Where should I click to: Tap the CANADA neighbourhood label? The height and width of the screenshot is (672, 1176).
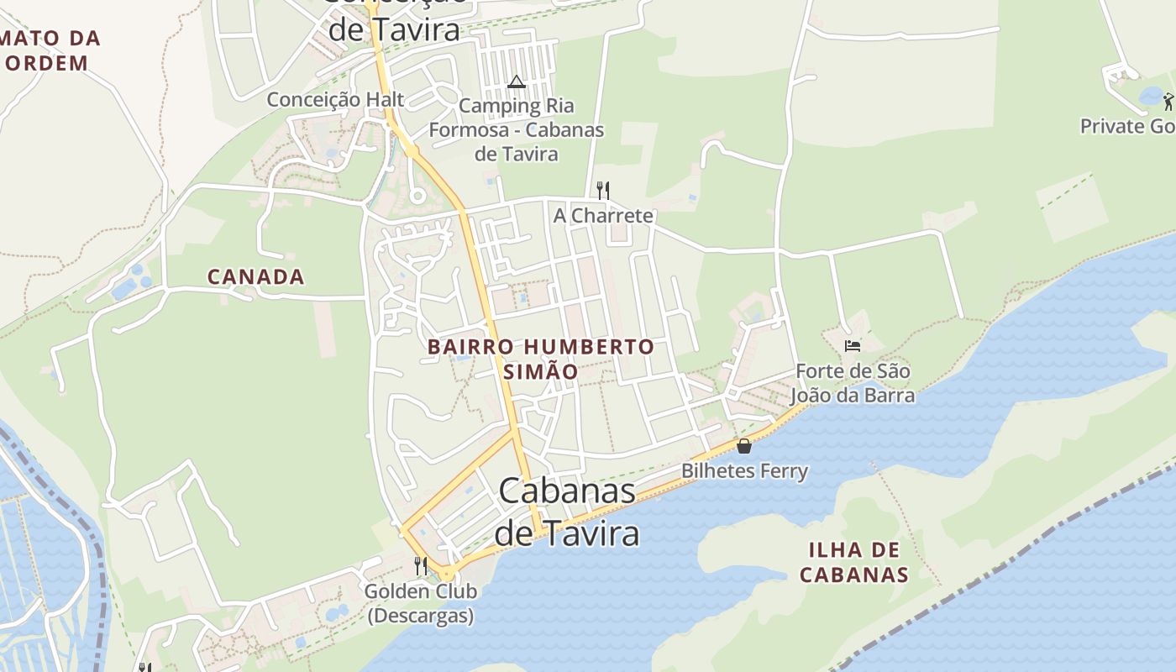click(x=255, y=276)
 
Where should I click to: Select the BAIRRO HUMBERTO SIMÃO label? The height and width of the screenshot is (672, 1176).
click(x=540, y=359)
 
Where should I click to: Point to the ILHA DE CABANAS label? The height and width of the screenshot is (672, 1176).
click(x=853, y=562)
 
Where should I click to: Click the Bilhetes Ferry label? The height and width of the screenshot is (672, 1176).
click(x=744, y=470)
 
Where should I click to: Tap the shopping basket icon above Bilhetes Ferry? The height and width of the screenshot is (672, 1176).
click(x=744, y=446)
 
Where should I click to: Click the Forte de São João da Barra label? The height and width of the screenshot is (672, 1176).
click(x=854, y=382)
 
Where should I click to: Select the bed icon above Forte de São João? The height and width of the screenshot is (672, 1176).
click(x=853, y=345)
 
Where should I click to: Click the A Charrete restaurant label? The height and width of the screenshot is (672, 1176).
click(x=603, y=215)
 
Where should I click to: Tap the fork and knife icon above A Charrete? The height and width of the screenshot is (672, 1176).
click(x=602, y=189)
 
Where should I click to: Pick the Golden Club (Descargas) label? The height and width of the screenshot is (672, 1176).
click(x=420, y=602)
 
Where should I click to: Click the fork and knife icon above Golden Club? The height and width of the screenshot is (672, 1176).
click(x=421, y=565)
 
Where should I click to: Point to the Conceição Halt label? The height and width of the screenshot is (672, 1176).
click(x=335, y=99)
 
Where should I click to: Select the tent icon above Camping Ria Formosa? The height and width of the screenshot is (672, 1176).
click(x=516, y=81)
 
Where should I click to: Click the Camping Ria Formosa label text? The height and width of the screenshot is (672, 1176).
click(x=516, y=129)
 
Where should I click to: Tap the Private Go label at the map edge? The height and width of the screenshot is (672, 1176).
click(x=1126, y=126)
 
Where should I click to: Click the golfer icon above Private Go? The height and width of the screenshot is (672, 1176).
click(x=1168, y=102)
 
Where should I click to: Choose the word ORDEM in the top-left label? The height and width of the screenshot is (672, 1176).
click(x=46, y=63)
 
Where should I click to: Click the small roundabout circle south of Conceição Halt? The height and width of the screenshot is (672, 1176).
click(x=417, y=197)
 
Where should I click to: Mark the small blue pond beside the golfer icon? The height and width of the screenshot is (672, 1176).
click(x=1151, y=96)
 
